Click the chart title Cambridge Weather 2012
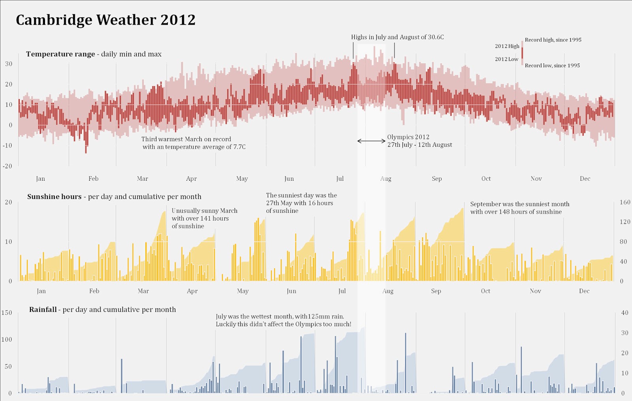click(105, 20)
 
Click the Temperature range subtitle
click(94, 54)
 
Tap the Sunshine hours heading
click(114, 197)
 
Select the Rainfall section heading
click(102, 310)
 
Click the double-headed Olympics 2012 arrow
click(371, 141)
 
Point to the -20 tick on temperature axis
click(8, 166)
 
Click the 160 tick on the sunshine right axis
click(625, 202)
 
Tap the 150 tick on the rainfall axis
click(7, 313)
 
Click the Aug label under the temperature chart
click(386, 179)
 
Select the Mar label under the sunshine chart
click(143, 291)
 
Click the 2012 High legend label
click(507, 46)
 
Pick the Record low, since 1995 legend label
click(552, 66)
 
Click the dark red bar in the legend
click(522, 53)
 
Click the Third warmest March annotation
click(193, 143)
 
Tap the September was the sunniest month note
click(519, 208)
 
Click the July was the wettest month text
click(283, 320)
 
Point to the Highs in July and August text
click(397, 37)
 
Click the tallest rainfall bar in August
click(405, 362)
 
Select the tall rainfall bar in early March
click(122, 376)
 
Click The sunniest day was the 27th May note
click(301, 203)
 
